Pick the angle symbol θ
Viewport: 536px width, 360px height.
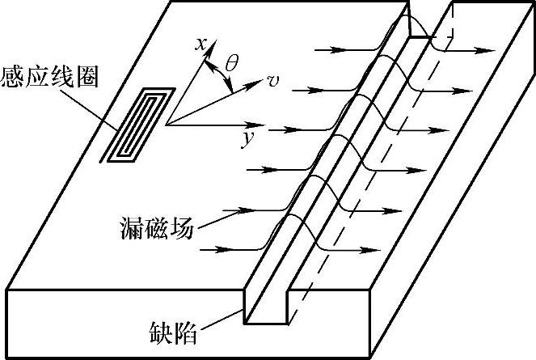231,62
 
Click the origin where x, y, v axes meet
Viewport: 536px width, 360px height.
167,125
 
